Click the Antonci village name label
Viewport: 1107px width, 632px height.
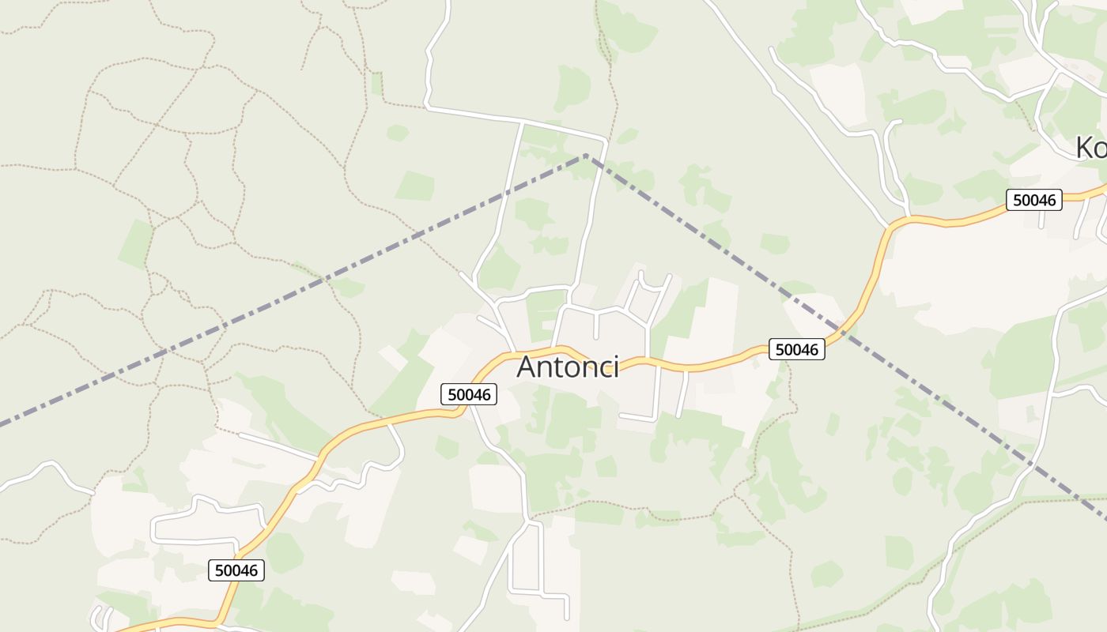click(x=567, y=367)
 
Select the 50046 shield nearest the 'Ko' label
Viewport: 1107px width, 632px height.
click(x=1034, y=200)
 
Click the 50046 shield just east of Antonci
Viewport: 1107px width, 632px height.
click(x=797, y=349)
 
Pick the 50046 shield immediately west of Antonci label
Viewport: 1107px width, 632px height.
click(x=469, y=394)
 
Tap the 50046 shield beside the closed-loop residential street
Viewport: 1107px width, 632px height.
click(x=236, y=570)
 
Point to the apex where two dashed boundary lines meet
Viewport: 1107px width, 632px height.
click(x=586, y=156)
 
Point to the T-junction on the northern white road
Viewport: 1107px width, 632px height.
click(x=523, y=122)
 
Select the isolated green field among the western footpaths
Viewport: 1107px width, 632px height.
click(x=136, y=243)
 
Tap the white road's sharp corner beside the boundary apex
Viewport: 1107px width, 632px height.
click(x=605, y=142)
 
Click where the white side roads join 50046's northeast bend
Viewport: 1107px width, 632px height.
click(x=901, y=217)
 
